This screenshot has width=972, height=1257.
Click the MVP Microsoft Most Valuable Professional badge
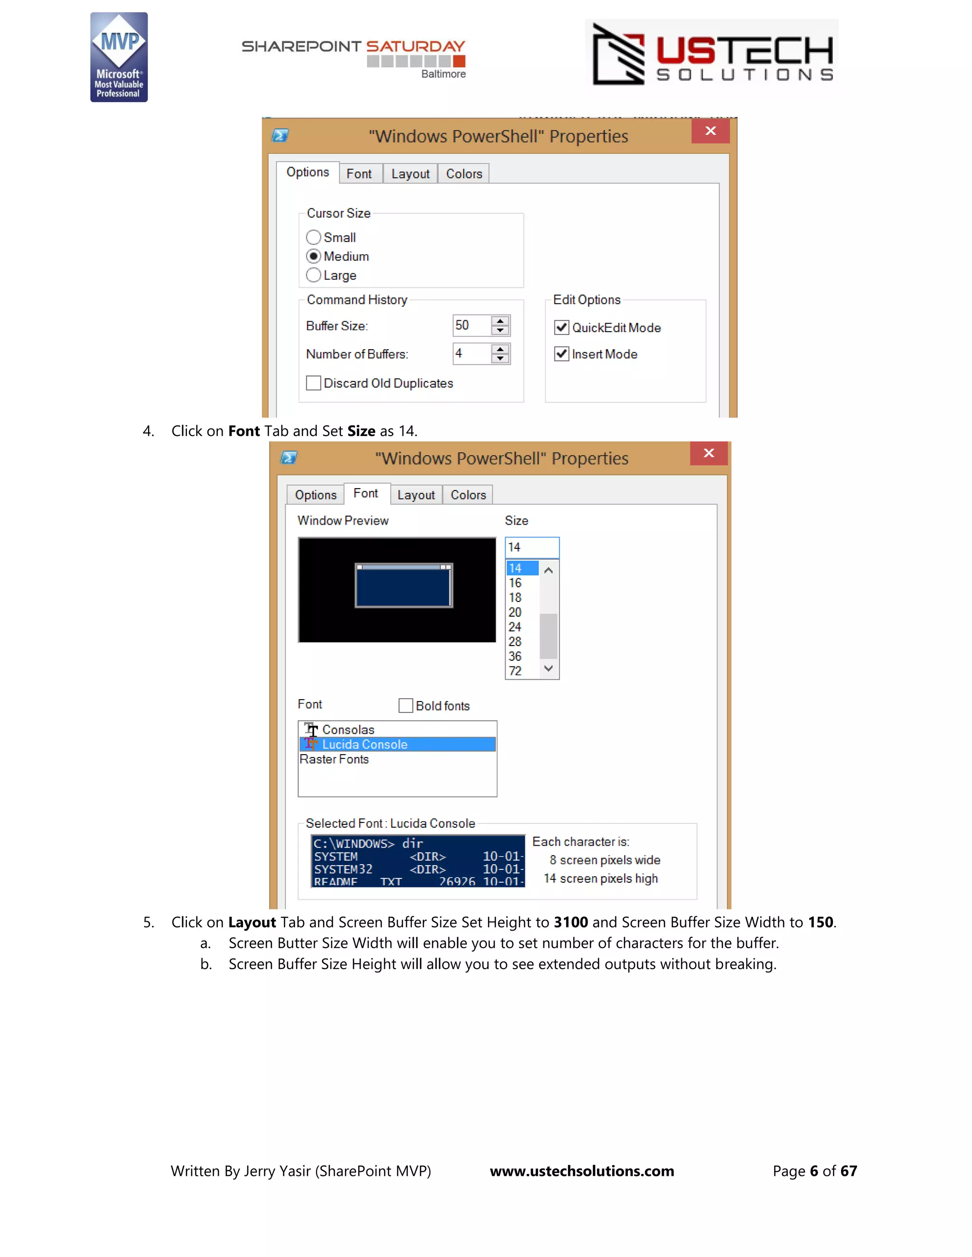point(119,57)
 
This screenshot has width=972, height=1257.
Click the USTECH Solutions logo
point(712,54)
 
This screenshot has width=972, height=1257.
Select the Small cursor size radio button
point(313,237)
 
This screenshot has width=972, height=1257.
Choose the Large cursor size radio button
point(313,275)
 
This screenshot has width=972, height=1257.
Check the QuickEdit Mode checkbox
point(561,327)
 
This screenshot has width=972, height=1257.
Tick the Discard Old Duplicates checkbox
point(313,383)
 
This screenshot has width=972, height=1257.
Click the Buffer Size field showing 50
point(471,325)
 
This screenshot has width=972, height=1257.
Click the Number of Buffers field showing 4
point(471,353)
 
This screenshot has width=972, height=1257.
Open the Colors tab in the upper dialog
point(464,174)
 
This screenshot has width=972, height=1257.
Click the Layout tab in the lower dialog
point(416,495)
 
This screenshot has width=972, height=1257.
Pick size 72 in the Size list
point(515,671)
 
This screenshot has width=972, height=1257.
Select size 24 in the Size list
point(515,627)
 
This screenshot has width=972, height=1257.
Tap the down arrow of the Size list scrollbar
point(549,668)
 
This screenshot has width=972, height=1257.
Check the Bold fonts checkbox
point(406,706)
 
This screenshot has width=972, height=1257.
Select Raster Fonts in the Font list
point(334,759)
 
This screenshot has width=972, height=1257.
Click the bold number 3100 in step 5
point(570,922)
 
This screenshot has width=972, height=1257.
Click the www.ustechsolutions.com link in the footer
point(581,1171)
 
